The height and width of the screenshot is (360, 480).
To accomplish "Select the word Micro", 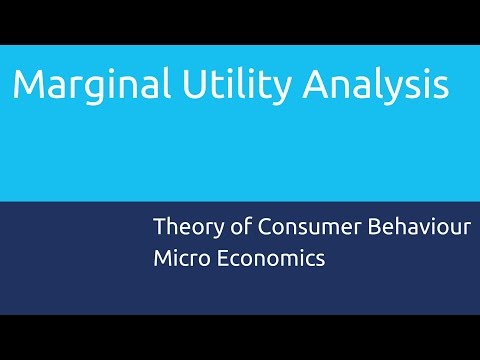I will (180, 257).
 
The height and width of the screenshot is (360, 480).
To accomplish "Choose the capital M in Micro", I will (163, 257).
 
